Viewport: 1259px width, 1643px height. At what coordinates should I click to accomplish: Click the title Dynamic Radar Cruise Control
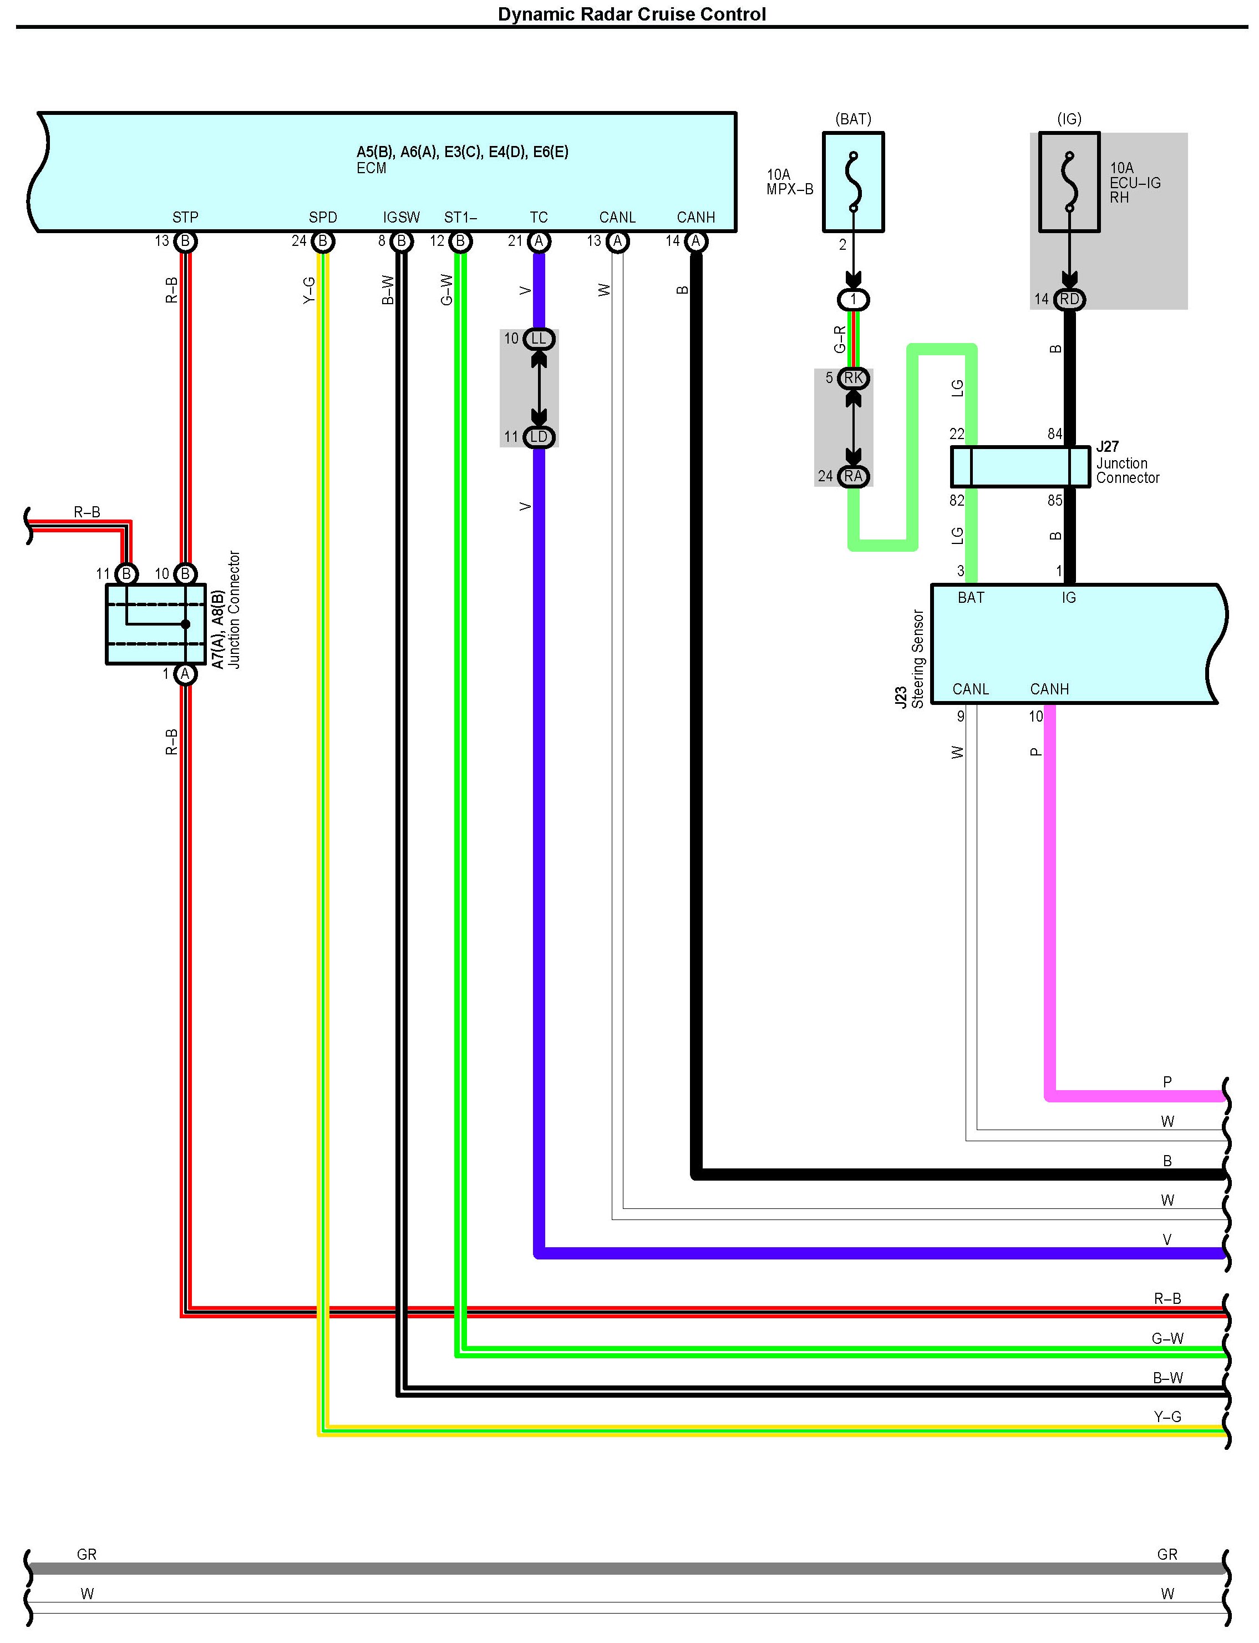pyautogui.click(x=632, y=14)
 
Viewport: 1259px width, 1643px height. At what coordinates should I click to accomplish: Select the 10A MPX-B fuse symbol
pyautogui.click(x=853, y=182)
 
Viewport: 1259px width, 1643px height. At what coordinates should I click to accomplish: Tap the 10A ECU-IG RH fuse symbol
pyautogui.click(x=1069, y=182)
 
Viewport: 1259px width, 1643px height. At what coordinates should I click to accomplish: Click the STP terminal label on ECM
pyautogui.click(x=185, y=218)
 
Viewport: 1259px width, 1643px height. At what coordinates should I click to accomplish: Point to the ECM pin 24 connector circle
pyautogui.click(x=323, y=241)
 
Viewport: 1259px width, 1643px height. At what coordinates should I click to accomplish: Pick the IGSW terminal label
pyautogui.click(x=401, y=218)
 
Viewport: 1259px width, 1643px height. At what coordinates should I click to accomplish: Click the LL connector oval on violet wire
pyautogui.click(x=539, y=339)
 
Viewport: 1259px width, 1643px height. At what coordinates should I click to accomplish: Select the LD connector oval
pyautogui.click(x=539, y=436)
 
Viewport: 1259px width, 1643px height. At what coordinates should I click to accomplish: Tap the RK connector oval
pyautogui.click(x=853, y=378)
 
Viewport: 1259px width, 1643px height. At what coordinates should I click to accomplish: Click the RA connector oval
pyautogui.click(x=853, y=476)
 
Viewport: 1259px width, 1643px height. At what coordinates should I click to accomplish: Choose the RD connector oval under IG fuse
pyautogui.click(x=1069, y=299)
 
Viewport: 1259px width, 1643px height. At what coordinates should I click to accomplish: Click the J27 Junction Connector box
pyautogui.click(x=1020, y=466)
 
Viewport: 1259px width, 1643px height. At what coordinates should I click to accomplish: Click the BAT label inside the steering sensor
pyautogui.click(x=971, y=598)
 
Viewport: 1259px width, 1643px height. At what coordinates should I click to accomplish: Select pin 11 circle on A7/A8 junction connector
pyautogui.click(x=126, y=574)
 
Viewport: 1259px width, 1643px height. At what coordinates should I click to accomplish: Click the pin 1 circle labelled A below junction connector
pyautogui.click(x=185, y=674)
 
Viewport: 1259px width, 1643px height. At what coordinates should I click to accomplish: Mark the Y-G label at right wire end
pyautogui.click(x=1167, y=1417)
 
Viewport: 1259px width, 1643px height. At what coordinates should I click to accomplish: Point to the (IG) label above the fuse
pyautogui.click(x=1069, y=118)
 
